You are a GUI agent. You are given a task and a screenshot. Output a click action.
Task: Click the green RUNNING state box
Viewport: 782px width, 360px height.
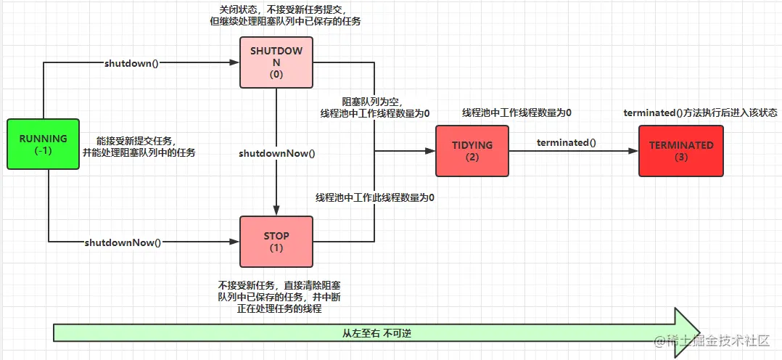coord(43,144)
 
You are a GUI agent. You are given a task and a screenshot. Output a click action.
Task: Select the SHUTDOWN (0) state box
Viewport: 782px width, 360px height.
coord(276,63)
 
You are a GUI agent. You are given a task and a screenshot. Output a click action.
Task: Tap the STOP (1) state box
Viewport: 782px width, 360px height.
coord(276,241)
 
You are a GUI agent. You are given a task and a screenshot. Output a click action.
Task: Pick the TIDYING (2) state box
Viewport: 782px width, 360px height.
coord(472,151)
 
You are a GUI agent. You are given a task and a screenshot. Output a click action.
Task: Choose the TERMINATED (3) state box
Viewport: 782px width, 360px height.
coord(681,151)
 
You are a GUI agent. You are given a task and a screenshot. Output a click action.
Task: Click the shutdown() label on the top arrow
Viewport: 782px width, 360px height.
coord(131,63)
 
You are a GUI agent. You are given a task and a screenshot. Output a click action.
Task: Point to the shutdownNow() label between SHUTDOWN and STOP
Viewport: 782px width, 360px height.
coord(276,153)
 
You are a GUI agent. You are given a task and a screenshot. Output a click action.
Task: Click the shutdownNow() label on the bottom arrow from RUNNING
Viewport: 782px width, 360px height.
coord(123,242)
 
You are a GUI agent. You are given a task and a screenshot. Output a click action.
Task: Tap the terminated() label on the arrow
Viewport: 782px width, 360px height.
coord(566,142)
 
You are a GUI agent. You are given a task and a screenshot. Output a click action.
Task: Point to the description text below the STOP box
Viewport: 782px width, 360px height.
coord(269,297)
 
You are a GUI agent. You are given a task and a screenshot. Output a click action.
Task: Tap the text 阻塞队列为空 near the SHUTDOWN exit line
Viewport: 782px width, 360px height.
coord(372,102)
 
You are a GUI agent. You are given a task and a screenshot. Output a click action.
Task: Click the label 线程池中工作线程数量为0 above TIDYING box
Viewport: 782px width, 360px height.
coord(516,113)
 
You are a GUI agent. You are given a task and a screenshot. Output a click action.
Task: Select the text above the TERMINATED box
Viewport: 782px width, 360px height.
coord(700,113)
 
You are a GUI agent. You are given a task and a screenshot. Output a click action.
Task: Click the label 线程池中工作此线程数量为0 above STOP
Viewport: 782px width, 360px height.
coord(375,197)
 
